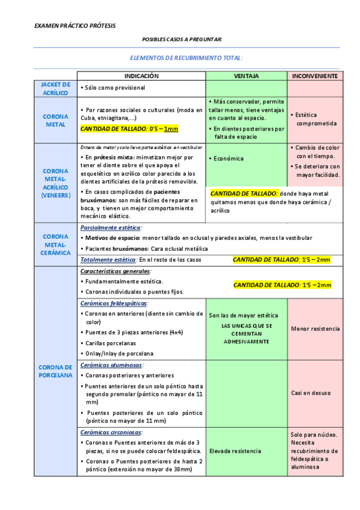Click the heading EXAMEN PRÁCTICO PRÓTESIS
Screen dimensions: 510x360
coord(75,26)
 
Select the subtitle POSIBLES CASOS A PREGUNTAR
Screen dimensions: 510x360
coord(182,39)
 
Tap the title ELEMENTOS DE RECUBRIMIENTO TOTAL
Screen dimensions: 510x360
coord(186,58)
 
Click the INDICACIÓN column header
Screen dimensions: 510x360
coord(141,76)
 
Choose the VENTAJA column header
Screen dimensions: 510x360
coord(246,76)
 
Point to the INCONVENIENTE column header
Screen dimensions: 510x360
coord(315,76)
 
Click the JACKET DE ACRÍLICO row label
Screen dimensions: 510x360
coord(56,88)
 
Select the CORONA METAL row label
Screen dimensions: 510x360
coord(56,120)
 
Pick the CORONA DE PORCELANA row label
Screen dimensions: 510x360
coord(55,371)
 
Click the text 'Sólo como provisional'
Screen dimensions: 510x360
coord(115,88)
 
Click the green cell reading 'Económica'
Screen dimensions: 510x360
coord(228,159)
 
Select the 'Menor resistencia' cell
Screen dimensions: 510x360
coord(315,329)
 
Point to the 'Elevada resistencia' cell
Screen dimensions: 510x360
coord(235,450)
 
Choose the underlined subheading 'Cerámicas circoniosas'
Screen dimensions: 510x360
coord(111,432)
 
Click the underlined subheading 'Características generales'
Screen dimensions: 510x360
coord(115,271)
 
